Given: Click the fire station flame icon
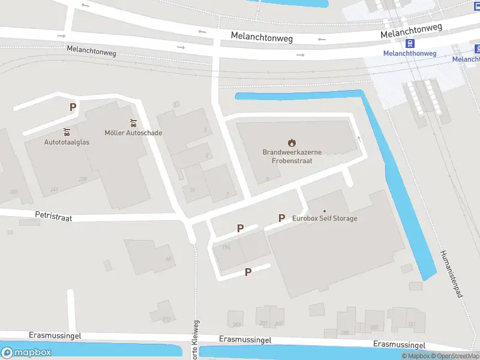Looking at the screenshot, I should (x=292, y=143).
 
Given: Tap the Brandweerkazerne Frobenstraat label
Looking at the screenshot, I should (x=292, y=157).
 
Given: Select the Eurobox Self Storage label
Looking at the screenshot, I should (x=325, y=218).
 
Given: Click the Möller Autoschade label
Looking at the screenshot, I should (x=133, y=133).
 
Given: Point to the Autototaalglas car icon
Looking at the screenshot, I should (x=67, y=132).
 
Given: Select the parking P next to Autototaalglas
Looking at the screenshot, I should (x=73, y=107).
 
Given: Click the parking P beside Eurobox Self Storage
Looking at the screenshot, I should (x=281, y=218).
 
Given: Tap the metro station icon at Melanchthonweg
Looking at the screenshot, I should (x=410, y=43).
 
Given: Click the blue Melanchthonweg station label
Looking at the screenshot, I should (x=409, y=53).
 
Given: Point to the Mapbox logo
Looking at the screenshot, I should (x=26, y=353).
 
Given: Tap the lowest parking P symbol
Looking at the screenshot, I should (x=247, y=272).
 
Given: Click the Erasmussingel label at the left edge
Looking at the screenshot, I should (x=55, y=336).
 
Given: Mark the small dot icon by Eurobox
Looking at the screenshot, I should (x=325, y=211).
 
